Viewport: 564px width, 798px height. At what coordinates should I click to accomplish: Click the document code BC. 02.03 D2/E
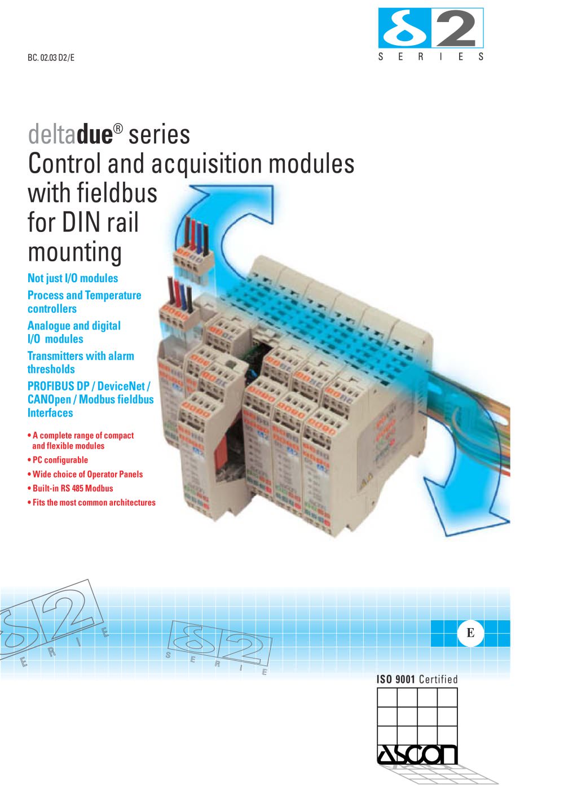coord(51,58)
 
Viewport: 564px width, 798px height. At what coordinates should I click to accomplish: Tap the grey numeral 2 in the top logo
coord(456,29)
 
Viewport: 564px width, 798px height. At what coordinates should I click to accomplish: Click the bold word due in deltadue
coord(95,135)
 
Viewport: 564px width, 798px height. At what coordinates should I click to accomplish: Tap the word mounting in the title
coord(75,252)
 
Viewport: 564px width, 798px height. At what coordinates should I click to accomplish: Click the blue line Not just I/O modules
coord(73,278)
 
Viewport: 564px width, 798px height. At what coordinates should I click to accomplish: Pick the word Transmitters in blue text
coord(56,356)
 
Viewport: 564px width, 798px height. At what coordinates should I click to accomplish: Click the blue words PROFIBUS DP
coord(59,386)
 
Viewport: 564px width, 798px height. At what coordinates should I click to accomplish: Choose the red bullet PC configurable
coord(58,460)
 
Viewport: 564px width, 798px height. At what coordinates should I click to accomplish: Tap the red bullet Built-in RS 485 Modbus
coord(70,488)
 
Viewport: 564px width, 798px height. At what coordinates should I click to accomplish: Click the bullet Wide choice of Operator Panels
coord(85,474)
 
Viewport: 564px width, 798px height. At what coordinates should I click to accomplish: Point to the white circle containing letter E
coord(470,633)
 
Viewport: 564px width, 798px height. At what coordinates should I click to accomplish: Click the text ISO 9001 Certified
coord(417,679)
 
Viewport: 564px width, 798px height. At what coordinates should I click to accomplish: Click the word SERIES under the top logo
coord(431,56)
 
